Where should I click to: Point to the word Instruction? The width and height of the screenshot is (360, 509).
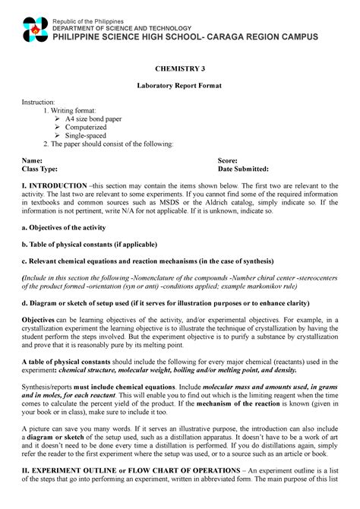click(x=43, y=102)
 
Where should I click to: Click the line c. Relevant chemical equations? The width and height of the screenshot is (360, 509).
click(x=146, y=261)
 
